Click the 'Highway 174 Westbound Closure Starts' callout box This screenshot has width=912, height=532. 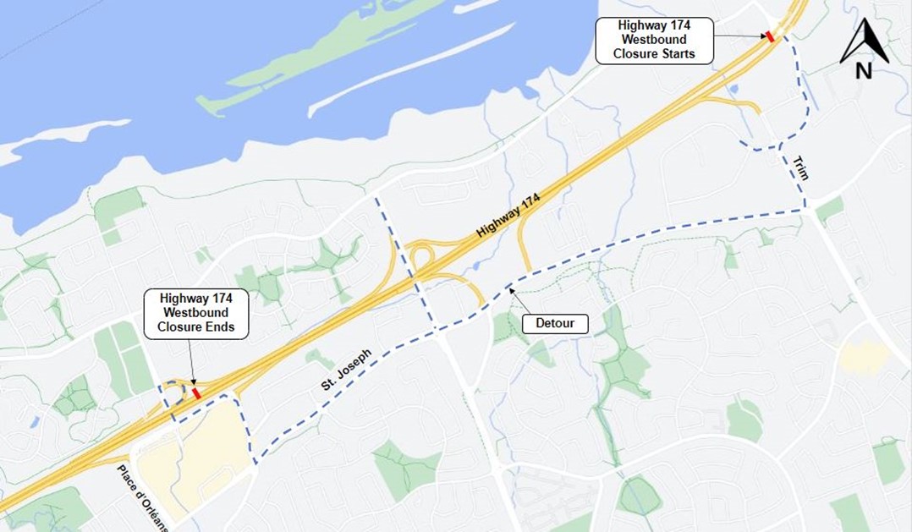coord(654,40)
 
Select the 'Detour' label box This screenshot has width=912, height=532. coord(555,323)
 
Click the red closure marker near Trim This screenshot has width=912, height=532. coord(770,36)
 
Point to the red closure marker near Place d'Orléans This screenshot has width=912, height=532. coord(197,393)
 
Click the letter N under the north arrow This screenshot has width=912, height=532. coord(864,72)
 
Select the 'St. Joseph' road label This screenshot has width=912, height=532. coord(346,370)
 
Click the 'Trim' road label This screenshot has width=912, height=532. coord(801,168)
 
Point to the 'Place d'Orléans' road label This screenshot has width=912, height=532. coord(144,498)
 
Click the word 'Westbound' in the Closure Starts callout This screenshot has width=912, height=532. coord(654,40)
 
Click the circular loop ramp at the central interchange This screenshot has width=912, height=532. coord(420,255)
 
